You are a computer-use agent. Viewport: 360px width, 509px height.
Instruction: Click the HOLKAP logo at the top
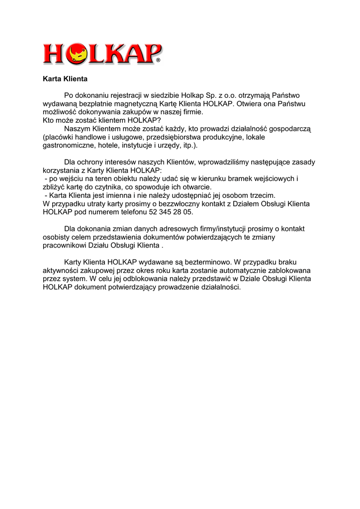pos(102,53)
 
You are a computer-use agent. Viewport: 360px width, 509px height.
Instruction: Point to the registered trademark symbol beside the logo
pos(159,61)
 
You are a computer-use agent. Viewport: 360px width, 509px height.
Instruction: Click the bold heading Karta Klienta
pos(65,79)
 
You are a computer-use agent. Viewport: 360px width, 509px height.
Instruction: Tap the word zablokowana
pos(289,270)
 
